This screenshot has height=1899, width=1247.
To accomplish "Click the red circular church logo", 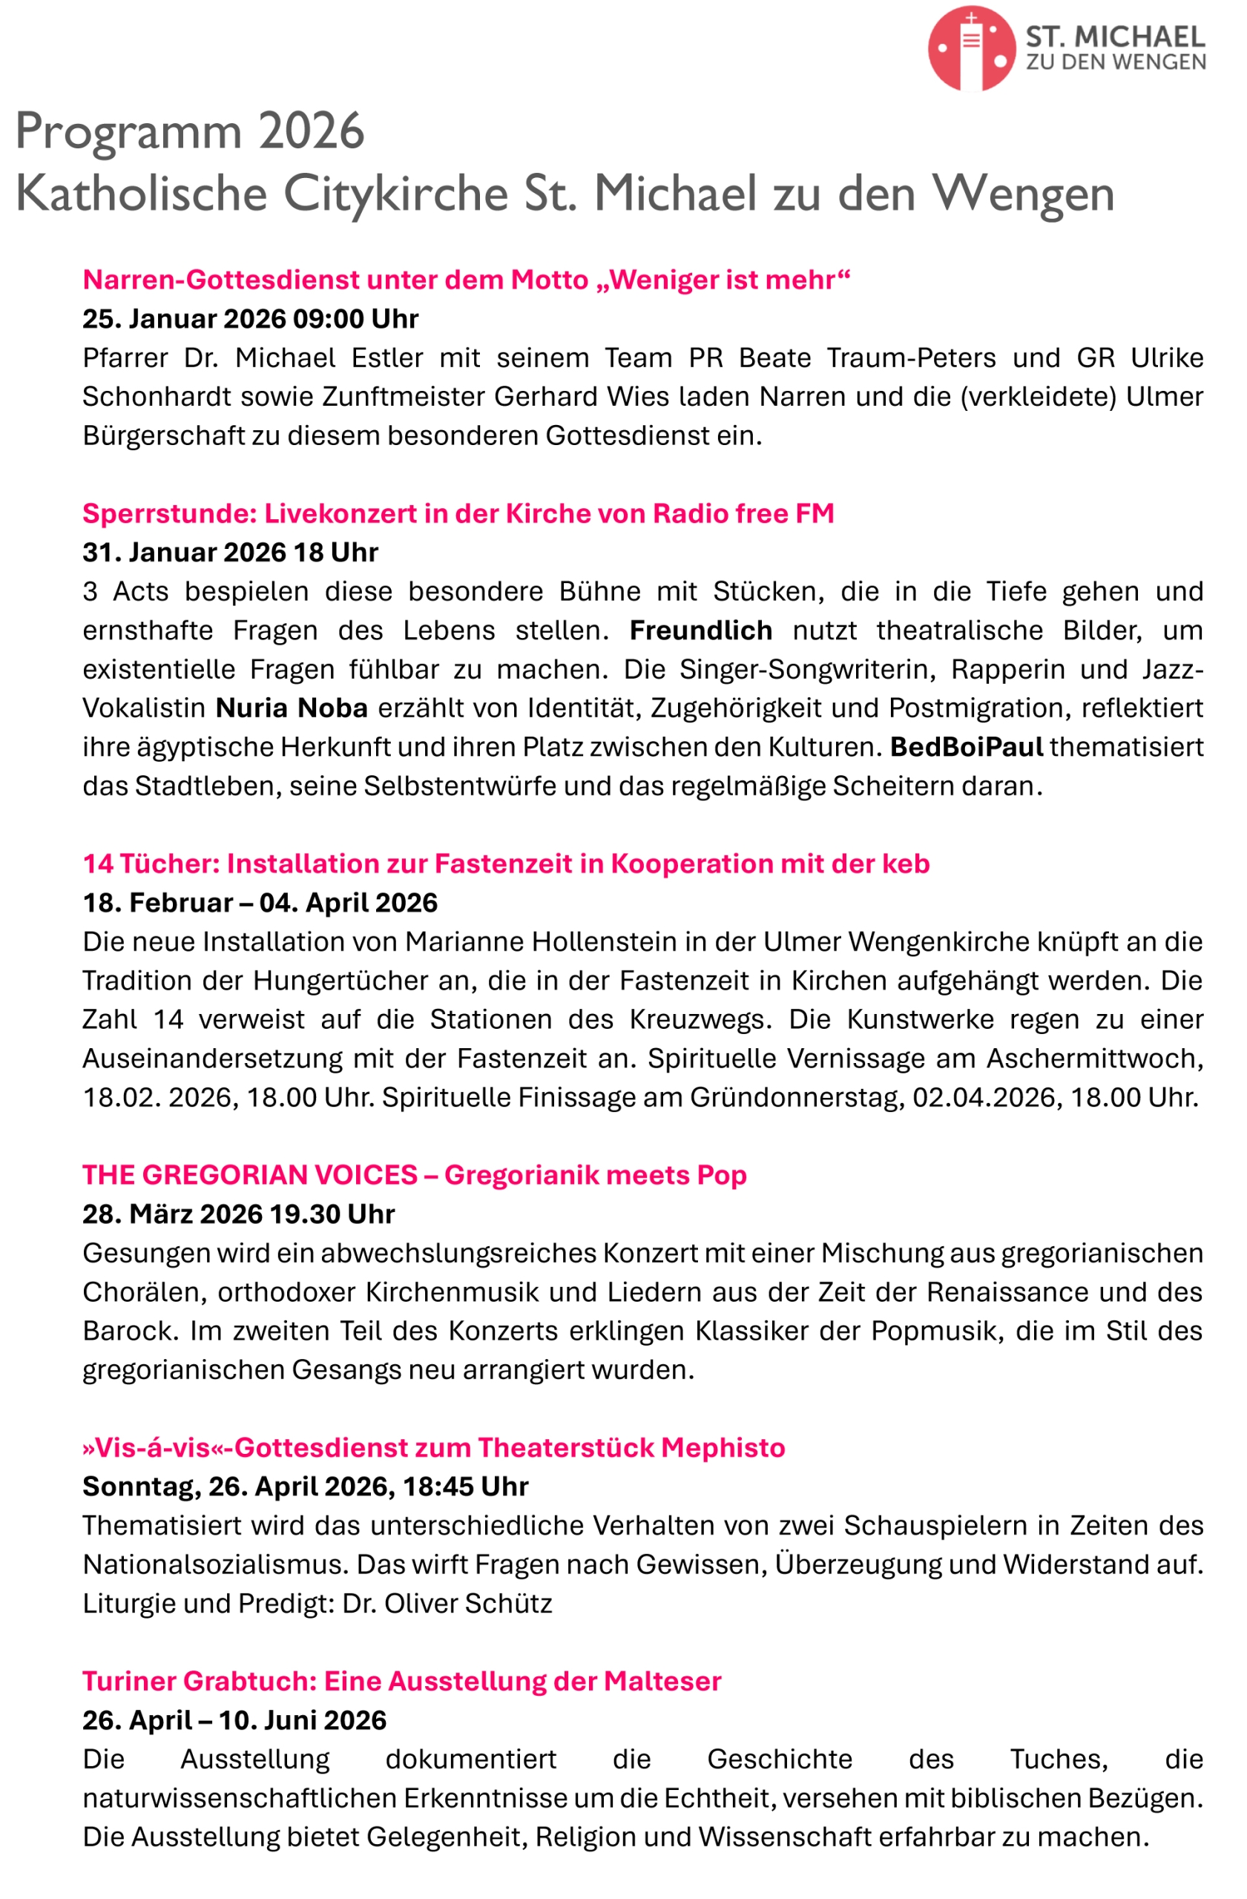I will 970,49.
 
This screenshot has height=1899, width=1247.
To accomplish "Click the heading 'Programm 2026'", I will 190,131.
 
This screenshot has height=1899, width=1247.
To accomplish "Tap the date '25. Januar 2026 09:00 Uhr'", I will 250,319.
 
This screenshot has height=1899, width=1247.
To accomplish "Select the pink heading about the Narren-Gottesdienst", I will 466,280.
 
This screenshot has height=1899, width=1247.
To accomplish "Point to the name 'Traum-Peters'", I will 910,358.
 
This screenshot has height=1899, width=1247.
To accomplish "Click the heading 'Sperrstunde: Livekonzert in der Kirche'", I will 458,514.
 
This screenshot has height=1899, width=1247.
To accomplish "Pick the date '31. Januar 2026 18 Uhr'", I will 230,553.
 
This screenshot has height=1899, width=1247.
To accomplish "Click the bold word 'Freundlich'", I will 700,631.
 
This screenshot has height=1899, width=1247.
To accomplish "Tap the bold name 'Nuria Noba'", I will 292,708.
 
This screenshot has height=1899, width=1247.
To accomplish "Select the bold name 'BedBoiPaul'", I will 965,748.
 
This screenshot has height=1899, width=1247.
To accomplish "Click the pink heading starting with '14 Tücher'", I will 506,864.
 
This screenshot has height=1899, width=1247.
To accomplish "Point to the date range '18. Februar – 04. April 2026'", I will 260,904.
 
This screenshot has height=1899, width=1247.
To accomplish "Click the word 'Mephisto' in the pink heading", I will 722,1448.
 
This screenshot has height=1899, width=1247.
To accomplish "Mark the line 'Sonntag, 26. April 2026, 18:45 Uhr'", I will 305,1487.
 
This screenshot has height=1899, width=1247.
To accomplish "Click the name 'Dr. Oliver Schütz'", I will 447,1604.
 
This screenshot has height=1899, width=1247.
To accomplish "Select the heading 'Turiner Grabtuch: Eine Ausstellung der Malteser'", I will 401,1682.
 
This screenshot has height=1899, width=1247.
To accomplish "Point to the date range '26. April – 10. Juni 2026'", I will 234,1721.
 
